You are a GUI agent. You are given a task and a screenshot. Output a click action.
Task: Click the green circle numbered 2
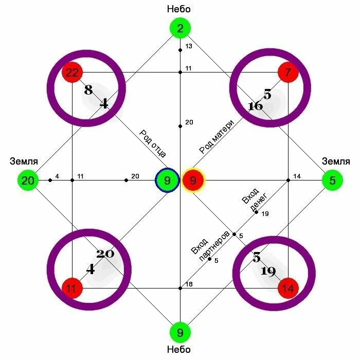click(180, 29)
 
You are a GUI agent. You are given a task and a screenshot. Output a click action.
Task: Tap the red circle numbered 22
click(72, 73)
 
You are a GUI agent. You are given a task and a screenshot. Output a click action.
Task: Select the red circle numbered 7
click(288, 73)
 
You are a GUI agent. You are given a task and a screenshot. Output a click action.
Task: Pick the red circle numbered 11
click(71, 289)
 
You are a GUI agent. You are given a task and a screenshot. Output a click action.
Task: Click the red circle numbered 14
click(288, 289)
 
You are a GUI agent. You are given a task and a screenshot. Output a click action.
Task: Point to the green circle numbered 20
click(28, 181)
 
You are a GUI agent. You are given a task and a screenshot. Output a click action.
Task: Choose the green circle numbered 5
click(332, 181)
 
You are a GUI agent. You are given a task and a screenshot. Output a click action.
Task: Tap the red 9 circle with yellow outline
click(193, 181)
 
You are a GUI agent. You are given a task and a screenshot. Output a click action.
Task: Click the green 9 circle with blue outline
click(167, 181)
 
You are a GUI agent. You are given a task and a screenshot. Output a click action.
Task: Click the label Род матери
click(217, 137)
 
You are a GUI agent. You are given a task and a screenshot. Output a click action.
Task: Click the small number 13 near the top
click(188, 46)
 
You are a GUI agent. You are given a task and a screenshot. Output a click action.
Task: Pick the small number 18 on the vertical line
click(189, 284)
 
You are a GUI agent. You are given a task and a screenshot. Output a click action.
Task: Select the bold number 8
click(88, 91)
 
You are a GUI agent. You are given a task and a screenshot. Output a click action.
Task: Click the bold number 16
click(255, 106)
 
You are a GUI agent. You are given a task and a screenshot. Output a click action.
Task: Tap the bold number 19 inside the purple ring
click(268, 271)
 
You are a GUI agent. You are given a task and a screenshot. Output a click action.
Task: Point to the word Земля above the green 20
click(24, 161)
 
